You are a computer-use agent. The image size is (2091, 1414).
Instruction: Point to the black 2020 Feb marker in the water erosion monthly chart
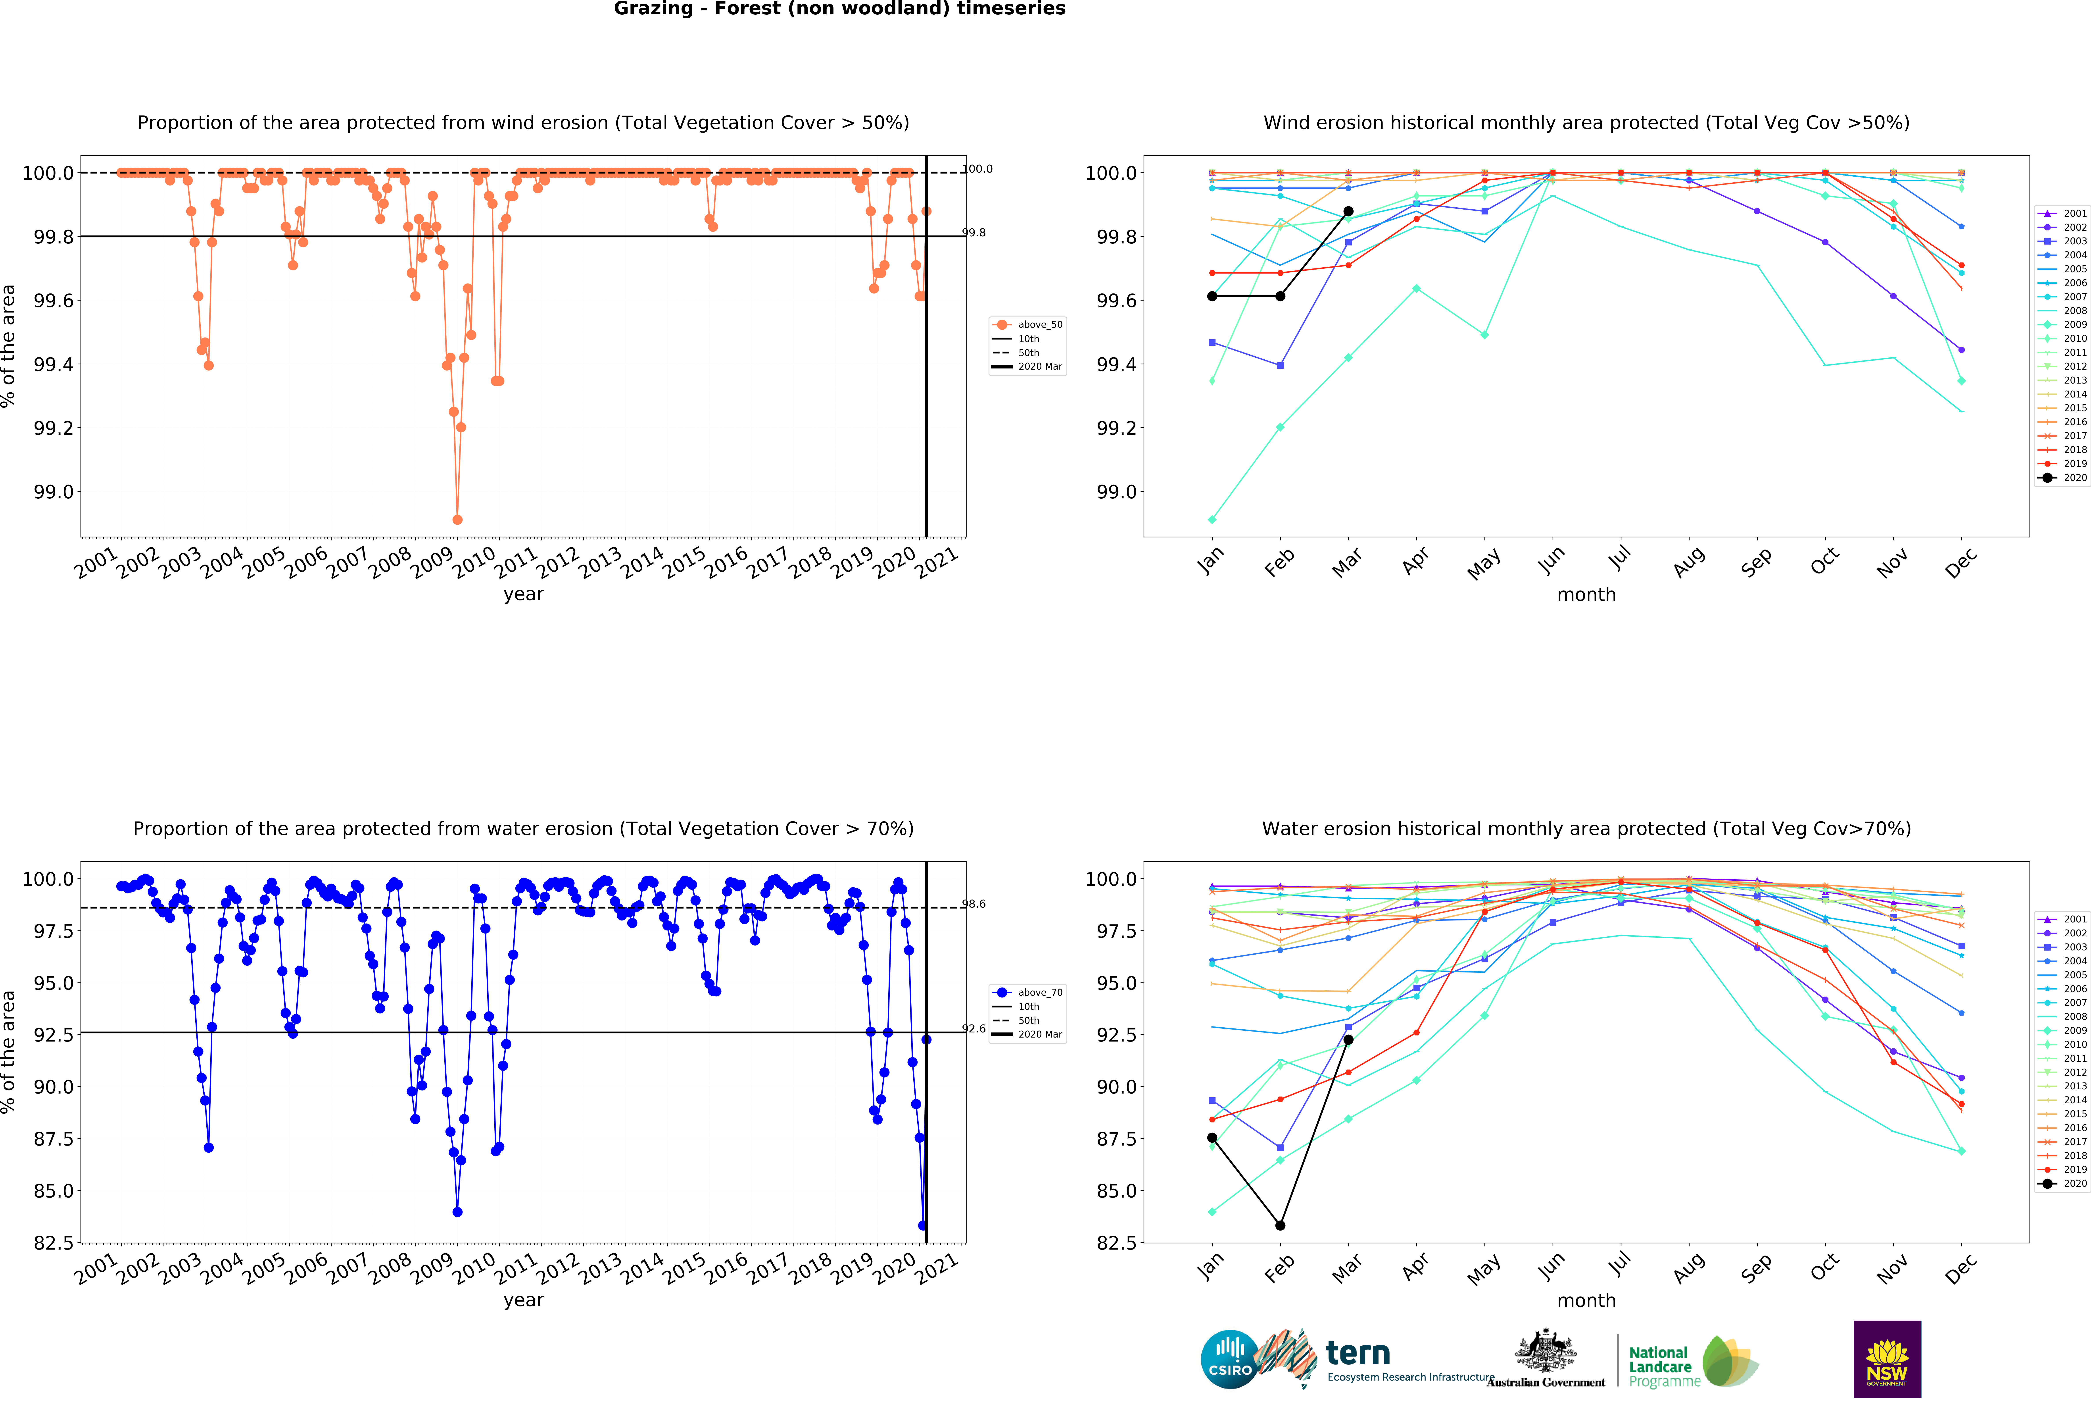(1279, 1225)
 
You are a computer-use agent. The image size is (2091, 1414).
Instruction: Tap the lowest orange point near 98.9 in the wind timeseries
(457, 519)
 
